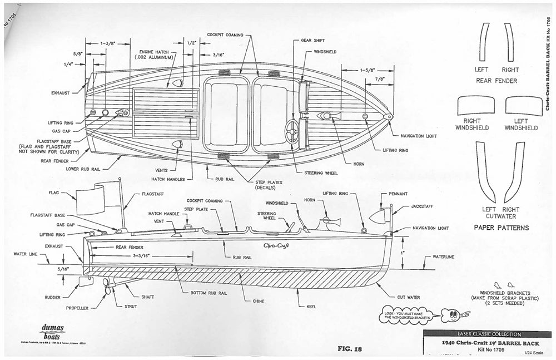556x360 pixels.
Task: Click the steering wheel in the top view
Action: [x=292, y=131]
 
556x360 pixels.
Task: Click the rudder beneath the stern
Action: [x=86, y=281]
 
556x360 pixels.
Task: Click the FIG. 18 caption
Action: [x=349, y=349]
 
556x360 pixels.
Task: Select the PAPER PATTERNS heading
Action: [x=501, y=228]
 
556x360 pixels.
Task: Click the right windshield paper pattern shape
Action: [x=475, y=106]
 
